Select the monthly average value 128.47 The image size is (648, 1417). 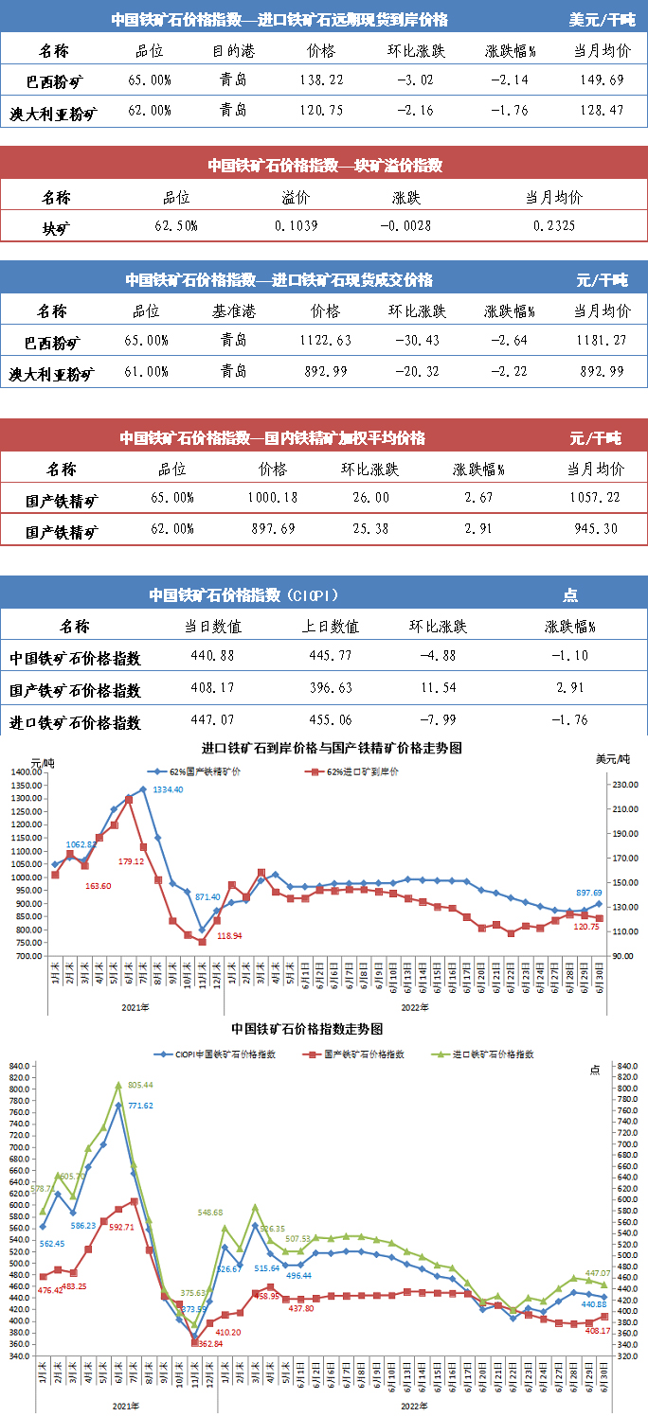pyautogui.click(x=602, y=111)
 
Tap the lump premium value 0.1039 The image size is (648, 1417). pyautogui.click(x=296, y=226)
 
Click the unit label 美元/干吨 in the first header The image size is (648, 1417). pyautogui.click(x=603, y=19)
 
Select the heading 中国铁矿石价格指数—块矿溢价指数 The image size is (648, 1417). pyautogui.click(x=325, y=166)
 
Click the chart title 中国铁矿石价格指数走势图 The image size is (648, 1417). pyautogui.click(x=306, y=1028)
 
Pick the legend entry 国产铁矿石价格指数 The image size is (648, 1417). pyautogui.click(x=364, y=1053)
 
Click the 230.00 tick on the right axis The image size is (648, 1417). pyautogui.click(x=621, y=785)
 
